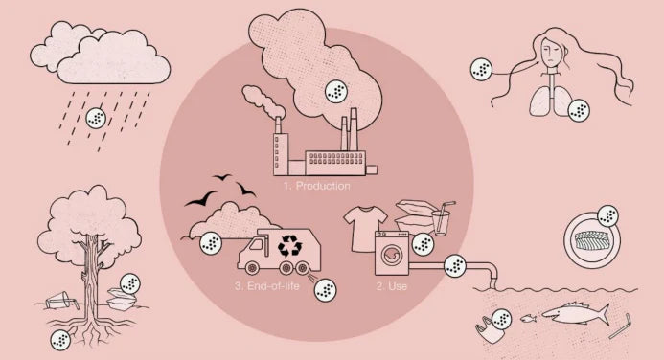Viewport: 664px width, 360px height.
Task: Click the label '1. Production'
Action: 317,186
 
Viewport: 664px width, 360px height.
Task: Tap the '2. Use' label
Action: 392,286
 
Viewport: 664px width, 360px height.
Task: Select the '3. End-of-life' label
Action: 266,286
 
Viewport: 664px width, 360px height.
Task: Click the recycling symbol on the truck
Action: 289,246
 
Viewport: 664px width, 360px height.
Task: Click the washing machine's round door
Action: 392,255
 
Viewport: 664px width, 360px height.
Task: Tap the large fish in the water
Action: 576,313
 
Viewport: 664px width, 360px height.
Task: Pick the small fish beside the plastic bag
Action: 528,319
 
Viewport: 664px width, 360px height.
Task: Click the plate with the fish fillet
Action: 592,240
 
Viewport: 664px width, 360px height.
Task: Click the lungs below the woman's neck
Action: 550,101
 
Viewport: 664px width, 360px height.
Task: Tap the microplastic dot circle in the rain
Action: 96,118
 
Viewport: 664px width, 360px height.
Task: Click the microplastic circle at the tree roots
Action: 60,340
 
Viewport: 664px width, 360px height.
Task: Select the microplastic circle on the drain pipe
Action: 455,266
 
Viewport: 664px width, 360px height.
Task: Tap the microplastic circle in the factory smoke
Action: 336,91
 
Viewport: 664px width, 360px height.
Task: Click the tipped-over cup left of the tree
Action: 62,301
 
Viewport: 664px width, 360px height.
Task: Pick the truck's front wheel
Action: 252,267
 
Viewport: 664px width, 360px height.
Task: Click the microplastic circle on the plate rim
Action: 608,215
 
